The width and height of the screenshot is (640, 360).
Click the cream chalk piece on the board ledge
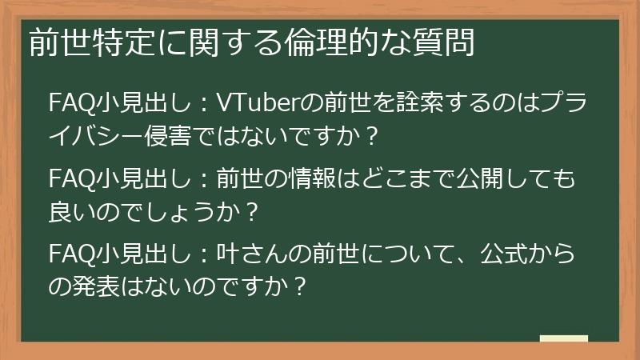click(x=563, y=338)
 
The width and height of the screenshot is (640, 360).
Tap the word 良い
click(x=71, y=211)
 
